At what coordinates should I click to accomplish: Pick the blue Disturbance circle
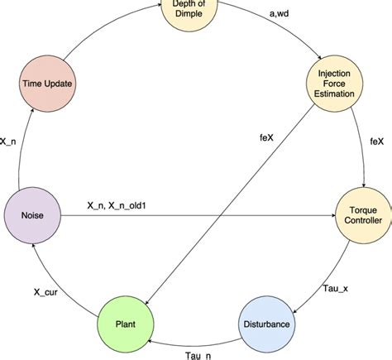pyautogui.click(x=266, y=324)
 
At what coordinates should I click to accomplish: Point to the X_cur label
pyautogui.click(x=46, y=292)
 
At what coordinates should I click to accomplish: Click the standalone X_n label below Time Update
pyautogui.click(x=11, y=142)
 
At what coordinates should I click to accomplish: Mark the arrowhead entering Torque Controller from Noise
pyautogui.click(x=330, y=218)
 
